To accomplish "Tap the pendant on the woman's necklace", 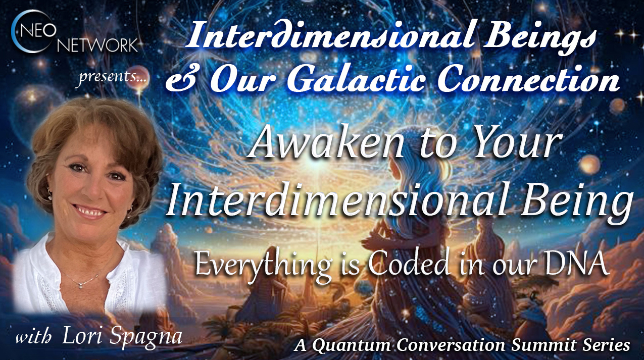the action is tap(81, 284).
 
